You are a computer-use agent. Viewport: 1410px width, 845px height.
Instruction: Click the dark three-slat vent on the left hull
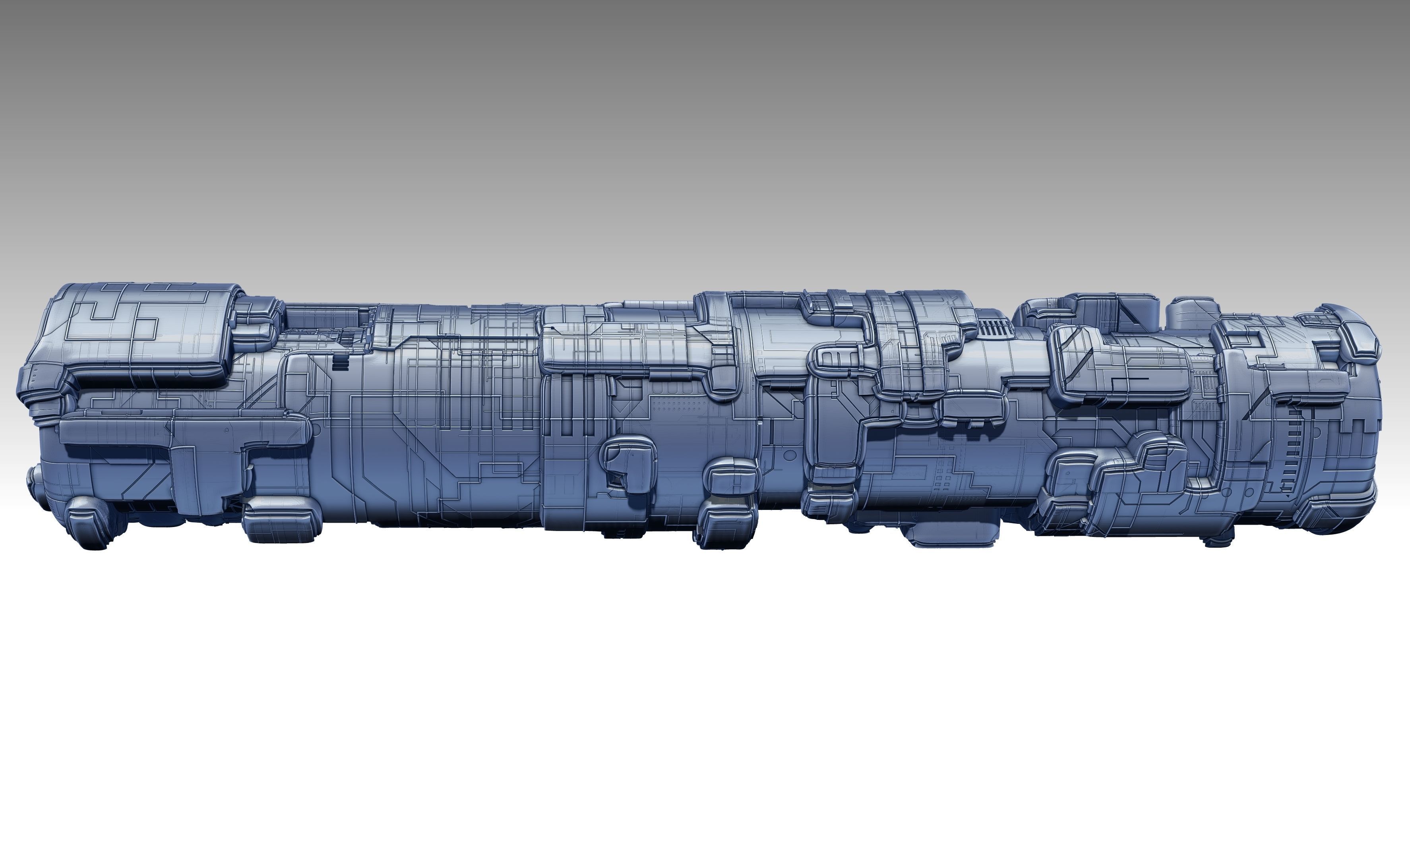coord(341,363)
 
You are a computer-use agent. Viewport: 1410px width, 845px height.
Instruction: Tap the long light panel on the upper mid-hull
coord(620,347)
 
